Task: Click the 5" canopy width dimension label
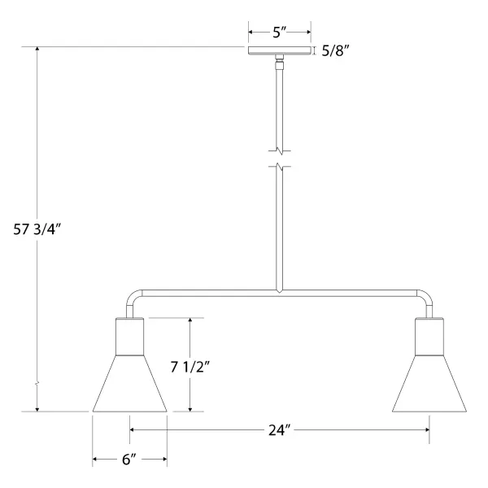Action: (x=279, y=32)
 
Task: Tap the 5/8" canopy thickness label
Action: (x=335, y=50)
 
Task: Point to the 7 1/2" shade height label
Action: (x=190, y=367)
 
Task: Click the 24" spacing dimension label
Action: (x=279, y=430)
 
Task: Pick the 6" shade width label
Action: (x=129, y=460)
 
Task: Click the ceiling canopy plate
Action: (x=280, y=50)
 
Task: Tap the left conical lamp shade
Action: (x=129, y=383)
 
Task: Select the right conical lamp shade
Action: (x=429, y=383)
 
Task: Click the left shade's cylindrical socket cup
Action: (x=129, y=337)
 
